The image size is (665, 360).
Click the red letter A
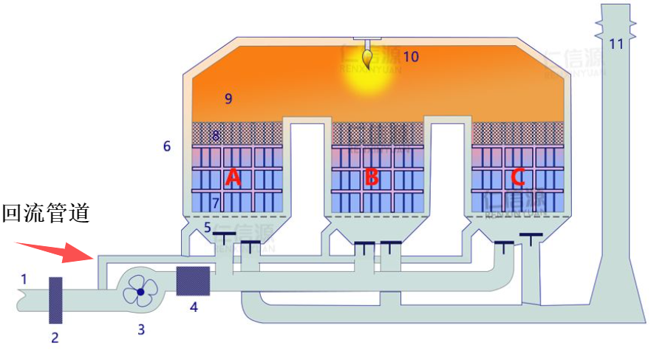pyautogui.click(x=233, y=177)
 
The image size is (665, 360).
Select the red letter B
pyautogui.click(x=372, y=177)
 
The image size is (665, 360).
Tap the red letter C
pyautogui.click(x=518, y=177)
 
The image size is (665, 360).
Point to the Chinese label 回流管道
pyautogui.click(x=46, y=214)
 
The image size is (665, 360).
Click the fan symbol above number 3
pyautogui.click(x=140, y=292)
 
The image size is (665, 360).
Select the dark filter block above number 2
pyautogui.click(x=56, y=299)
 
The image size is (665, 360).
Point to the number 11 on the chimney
pyautogui.click(x=616, y=44)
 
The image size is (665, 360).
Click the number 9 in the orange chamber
pyautogui.click(x=228, y=98)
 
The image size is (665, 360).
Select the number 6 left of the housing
pyautogui.click(x=167, y=146)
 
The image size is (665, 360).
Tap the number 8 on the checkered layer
pyautogui.click(x=216, y=135)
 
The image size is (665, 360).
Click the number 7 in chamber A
pyautogui.click(x=216, y=203)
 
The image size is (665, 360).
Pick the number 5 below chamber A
pyautogui.click(x=208, y=227)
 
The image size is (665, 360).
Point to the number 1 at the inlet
pyautogui.click(x=24, y=279)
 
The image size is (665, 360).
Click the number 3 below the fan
pyautogui.click(x=141, y=330)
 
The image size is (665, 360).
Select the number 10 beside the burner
pyautogui.click(x=411, y=56)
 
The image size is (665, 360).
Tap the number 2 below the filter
pyautogui.click(x=54, y=339)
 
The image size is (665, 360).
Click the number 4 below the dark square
pyautogui.click(x=194, y=307)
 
